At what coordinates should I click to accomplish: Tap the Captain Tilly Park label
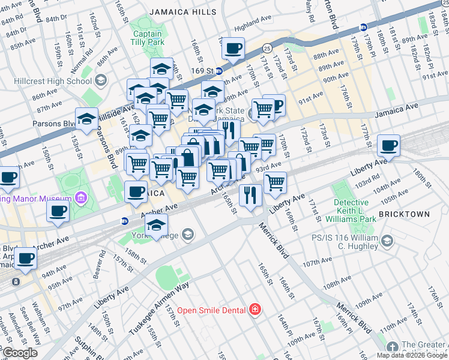coord(148,38)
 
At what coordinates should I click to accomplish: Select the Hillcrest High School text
coord(62,81)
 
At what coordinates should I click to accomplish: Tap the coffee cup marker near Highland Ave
coord(233,48)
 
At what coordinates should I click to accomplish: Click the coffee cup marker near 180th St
coord(388,146)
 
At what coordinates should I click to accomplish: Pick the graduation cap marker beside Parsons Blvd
coord(86,118)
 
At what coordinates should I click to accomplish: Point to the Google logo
coord(20,353)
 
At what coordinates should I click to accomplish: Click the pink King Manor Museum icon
coord(80,199)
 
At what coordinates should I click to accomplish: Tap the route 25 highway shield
coord(267,47)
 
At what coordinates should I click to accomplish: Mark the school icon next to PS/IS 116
coord(388,241)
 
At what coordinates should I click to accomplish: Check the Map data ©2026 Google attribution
coord(411,355)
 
